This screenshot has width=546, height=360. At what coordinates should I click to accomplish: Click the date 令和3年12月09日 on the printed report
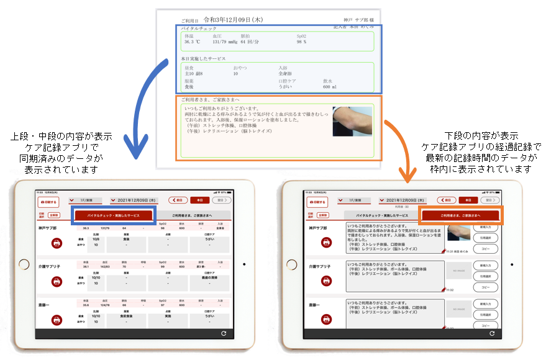tap(233, 20)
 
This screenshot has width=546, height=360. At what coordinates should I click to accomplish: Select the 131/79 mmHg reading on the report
tap(227, 43)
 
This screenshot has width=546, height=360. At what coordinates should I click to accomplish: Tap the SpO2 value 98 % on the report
tap(302, 43)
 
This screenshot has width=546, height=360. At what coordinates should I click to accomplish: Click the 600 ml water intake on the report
tap(330, 88)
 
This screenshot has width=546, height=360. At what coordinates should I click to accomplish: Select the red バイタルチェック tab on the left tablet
tap(112, 215)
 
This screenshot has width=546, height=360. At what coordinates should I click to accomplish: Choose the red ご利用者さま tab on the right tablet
tap(460, 215)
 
